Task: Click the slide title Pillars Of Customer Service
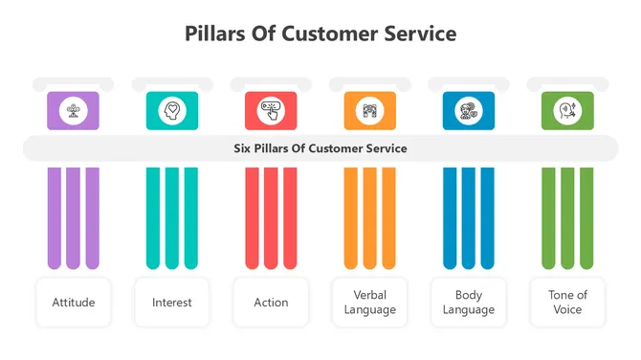click(320, 34)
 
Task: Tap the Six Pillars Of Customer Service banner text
click(320, 148)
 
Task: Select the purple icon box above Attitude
click(74, 111)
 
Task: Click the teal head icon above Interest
click(172, 111)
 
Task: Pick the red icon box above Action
click(271, 111)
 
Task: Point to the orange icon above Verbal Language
click(369, 111)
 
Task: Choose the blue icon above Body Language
click(469, 111)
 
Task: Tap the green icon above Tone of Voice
click(567, 111)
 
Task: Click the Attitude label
click(74, 303)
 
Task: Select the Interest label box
click(172, 303)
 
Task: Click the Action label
click(271, 303)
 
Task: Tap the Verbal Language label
click(369, 303)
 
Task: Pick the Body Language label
click(469, 303)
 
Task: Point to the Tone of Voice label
click(567, 303)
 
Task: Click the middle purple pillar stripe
click(74, 218)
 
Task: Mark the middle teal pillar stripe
click(172, 218)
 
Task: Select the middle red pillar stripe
click(271, 218)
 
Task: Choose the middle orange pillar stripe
click(369, 218)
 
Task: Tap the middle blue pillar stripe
click(469, 218)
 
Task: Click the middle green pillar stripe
click(567, 218)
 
